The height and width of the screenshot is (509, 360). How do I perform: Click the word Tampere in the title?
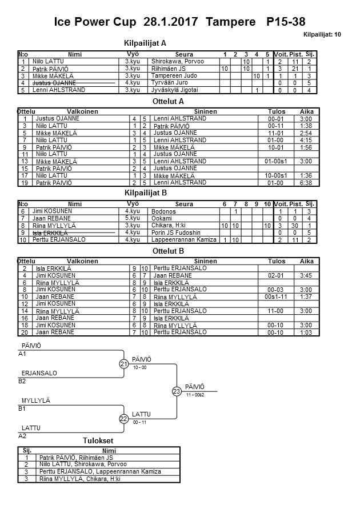[231, 22]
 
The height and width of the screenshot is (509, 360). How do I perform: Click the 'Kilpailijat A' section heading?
[145, 43]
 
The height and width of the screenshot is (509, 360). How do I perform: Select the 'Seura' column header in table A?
[184, 54]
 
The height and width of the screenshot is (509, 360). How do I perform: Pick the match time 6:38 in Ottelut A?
[306, 183]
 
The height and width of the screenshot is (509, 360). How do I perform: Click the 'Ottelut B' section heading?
[169, 250]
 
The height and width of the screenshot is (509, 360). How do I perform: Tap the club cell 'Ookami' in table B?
[161, 218]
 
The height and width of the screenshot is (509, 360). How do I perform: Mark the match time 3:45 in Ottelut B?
[306, 275]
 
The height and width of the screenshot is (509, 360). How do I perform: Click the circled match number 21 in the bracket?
[123, 364]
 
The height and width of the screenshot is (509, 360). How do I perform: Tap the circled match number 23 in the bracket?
[177, 391]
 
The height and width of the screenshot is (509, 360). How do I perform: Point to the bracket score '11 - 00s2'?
[195, 395]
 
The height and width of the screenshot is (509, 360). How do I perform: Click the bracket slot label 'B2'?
[22, 381]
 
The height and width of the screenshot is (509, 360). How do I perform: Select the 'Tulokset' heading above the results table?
[98, 441]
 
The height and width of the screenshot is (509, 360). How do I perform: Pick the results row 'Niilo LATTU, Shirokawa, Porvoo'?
[76, 465]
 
